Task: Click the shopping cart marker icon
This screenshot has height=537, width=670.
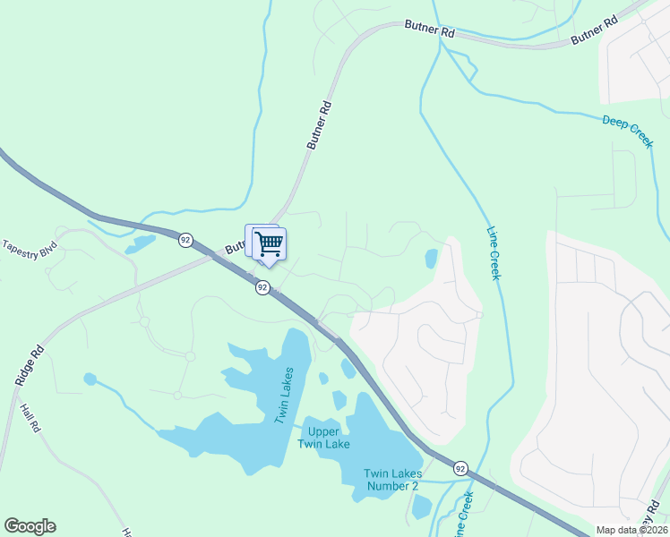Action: pos(268,244)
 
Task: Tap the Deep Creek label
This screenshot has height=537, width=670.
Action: pos(627,132)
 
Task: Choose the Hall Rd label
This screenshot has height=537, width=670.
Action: pos(29,419)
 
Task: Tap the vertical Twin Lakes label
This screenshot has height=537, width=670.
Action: pos(286,395)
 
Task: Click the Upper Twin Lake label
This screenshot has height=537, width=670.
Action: pos(323,438)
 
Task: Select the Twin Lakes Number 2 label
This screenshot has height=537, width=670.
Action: pos(391,480)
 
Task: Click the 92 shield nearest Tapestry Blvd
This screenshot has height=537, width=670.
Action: pos(185,240)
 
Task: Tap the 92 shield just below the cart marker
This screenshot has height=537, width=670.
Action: pos(262,287)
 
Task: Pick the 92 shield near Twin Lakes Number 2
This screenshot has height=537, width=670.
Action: pos(460,468)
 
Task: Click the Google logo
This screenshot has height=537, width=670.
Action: pos(30,526)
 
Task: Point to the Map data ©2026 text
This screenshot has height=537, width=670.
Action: pos(631,530)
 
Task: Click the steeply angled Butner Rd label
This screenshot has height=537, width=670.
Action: pos(319,124)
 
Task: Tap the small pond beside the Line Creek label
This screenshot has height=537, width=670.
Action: pos(431,260)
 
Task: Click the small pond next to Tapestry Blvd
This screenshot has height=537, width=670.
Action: pos(141,243)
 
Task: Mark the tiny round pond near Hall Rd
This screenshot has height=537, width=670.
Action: pos(90,379)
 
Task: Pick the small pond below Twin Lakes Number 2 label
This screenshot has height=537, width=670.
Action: pos(420,507)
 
